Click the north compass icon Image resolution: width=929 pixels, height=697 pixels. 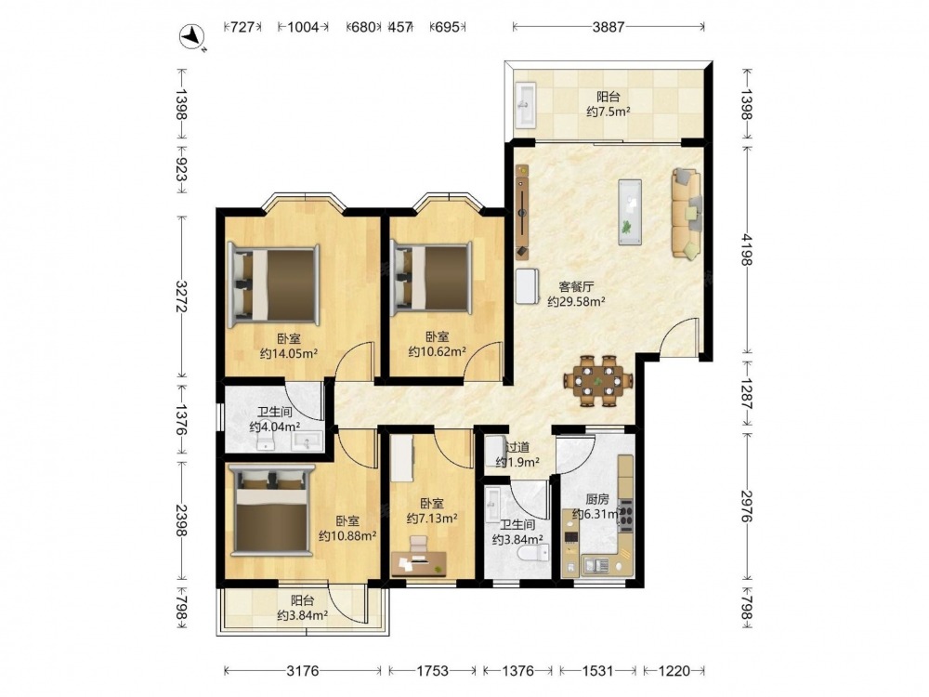tap(192, 37)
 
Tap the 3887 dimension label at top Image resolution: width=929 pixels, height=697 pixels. tap(608, 27)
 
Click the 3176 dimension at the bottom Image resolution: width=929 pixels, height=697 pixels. tap(303, 670)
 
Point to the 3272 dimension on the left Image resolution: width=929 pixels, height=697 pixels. tap(182, 296)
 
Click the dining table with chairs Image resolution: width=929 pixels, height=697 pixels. tap(597, 380)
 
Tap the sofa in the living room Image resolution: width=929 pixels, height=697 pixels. tap(687, 214)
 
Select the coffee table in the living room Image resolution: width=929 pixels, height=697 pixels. tap(630, 212)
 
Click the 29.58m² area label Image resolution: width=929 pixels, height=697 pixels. tap(576, 302)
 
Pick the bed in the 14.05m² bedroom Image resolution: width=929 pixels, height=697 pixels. tap(273, 285)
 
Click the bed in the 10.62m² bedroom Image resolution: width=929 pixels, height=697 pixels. tap(431, 278)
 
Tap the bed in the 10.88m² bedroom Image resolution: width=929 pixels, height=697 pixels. tap(272, 510)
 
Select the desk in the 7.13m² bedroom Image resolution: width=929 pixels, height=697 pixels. tap(419, 564)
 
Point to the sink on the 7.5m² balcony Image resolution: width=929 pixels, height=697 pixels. tap(525, 104)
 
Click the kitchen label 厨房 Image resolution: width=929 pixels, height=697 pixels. tap(597, 499)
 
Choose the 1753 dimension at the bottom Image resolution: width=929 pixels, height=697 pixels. tap(433, 670)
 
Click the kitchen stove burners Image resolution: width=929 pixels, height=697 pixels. tap(625, 513)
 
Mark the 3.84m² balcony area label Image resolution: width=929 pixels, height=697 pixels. tap(302, 616)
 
